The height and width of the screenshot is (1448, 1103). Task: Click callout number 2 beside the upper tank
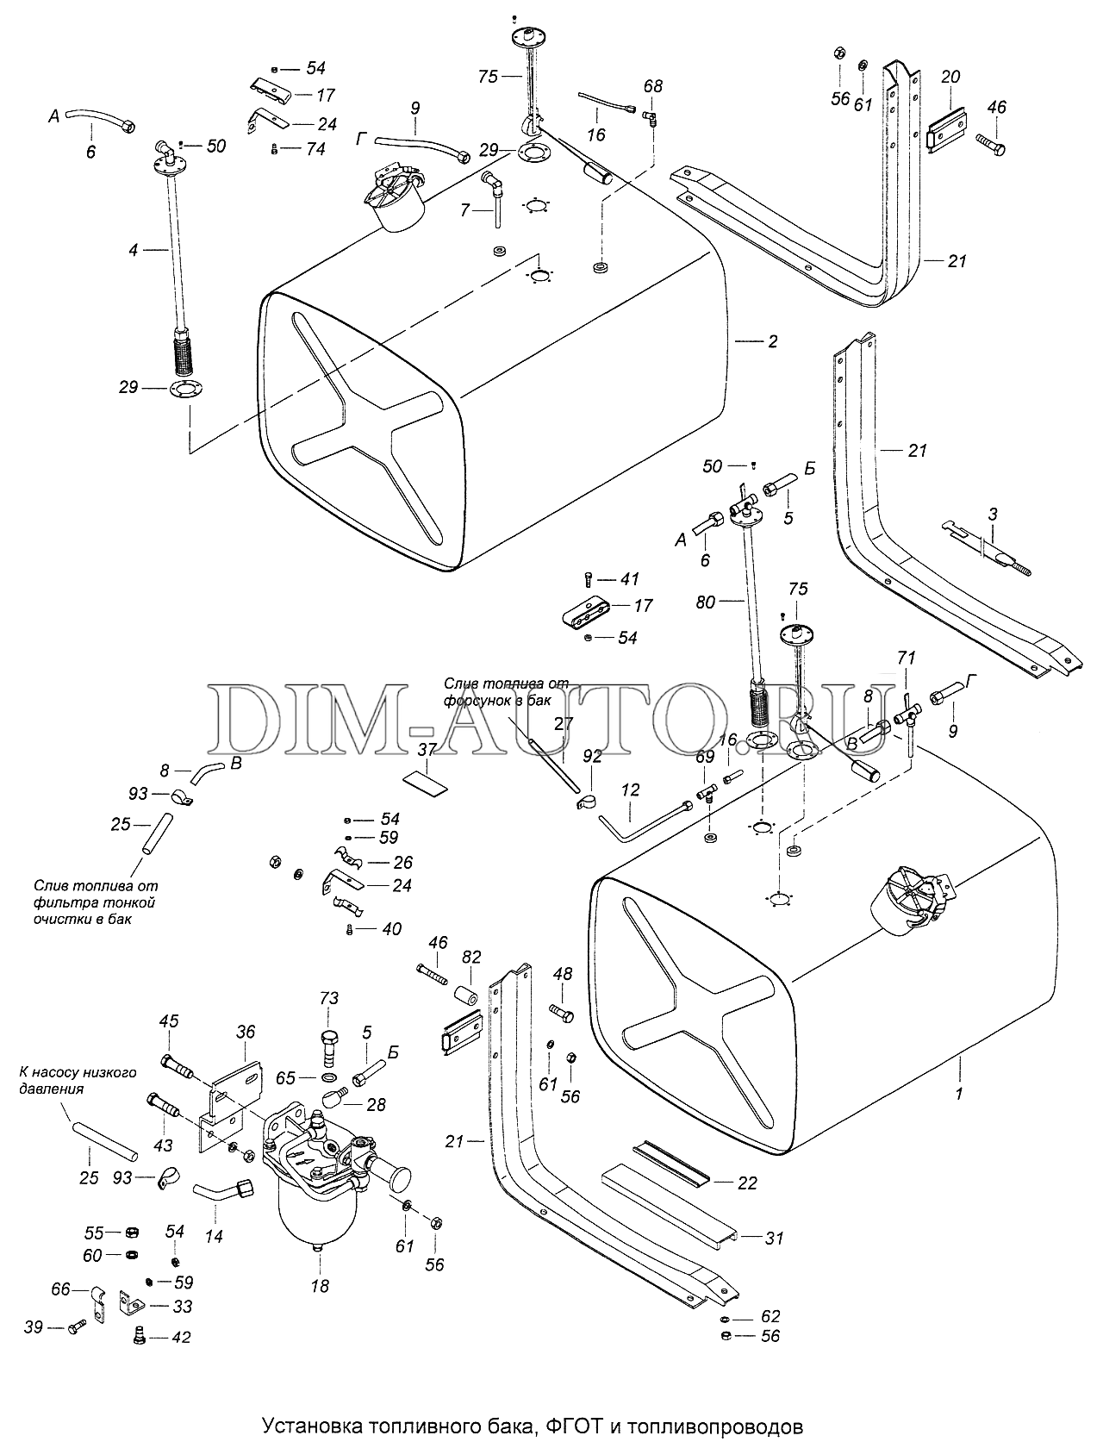pos(772,341)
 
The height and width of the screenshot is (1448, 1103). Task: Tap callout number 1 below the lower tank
pos(959,1094)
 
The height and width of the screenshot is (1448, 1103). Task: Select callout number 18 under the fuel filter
pos(320,1286)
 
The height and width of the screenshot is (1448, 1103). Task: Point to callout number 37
pos(428,750)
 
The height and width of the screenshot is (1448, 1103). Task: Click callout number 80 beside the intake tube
pos(706,602)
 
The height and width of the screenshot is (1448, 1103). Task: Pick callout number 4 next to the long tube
pos(134,250)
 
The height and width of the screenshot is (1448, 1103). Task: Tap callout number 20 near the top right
pos(950,78)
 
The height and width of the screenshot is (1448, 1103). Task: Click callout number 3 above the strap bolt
pos(993,514)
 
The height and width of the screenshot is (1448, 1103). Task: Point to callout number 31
pos(774,1239)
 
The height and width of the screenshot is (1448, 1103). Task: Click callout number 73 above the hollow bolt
pos(329,999)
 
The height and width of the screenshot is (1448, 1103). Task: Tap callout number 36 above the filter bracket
pos(246,1032)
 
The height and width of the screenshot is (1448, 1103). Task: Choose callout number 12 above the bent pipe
pos(630,790)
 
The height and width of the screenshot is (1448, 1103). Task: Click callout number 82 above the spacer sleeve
pos(471,957)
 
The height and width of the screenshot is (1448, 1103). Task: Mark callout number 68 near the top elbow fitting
pos(652,86)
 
